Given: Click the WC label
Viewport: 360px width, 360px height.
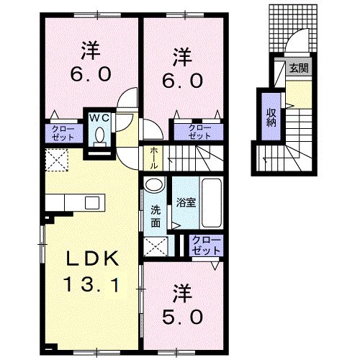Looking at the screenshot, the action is coord(99,118).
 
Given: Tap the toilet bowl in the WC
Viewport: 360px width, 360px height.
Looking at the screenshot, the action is coord(99,136).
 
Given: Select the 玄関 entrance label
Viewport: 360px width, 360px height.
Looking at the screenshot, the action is coord(299,68).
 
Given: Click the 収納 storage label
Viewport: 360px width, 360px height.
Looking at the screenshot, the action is coord(271,117).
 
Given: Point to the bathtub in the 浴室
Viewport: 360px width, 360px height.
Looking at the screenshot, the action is coord(211,203).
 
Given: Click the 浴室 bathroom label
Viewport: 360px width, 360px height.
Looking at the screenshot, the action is coord(186,203).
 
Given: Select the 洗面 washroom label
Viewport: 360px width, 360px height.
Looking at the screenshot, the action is coord(156,217).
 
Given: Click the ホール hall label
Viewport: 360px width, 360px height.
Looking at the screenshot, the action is coord(154,158).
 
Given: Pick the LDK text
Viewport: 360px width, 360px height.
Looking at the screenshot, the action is coord(93,258).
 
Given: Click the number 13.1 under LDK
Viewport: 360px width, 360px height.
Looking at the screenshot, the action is coord(91,284).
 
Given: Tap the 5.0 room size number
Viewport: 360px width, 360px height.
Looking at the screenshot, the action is coord(182,317).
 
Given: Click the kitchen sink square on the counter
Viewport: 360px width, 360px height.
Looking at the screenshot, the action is coord(92,202).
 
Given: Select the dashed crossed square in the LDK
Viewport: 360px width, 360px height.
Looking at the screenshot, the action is coord(57,160).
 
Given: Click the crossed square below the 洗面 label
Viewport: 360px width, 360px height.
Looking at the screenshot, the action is coord(156,246).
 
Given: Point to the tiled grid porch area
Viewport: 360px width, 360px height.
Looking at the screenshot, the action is coord(293,28).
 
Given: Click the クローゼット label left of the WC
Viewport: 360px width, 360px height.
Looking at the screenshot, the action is coord(63,132).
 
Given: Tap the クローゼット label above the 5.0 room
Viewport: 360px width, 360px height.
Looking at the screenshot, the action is coord(206,245).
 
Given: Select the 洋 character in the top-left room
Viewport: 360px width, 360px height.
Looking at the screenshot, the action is coord(91,50).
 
